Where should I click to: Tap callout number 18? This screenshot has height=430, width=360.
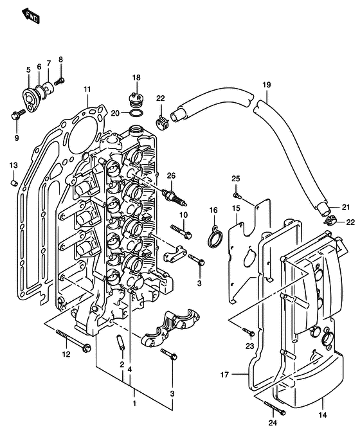pos(136,78)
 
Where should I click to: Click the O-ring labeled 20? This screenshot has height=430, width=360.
pos(136,113)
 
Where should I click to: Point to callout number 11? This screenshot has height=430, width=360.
pos(87,89)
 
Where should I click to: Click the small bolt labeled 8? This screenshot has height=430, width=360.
pos(60,81)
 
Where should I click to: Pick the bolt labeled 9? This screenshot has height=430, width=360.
pos(18,115)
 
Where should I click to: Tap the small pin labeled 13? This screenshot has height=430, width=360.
pos(14,183)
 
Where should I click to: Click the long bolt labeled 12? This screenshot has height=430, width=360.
pos(73,341)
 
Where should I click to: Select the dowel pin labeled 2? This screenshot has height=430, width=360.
pos(121,342)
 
